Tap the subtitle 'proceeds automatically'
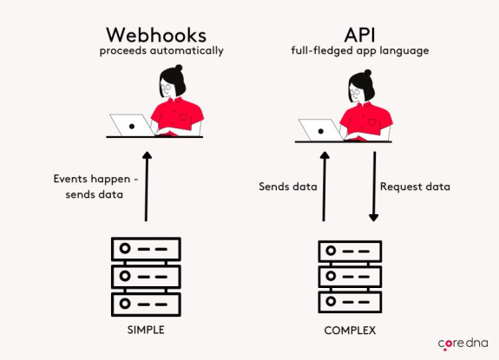click(x=161, y=50)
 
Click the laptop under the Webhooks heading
click(x=131, y=125)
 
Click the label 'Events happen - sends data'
click(x=90, y=186)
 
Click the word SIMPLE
click(x=145, y=331)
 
